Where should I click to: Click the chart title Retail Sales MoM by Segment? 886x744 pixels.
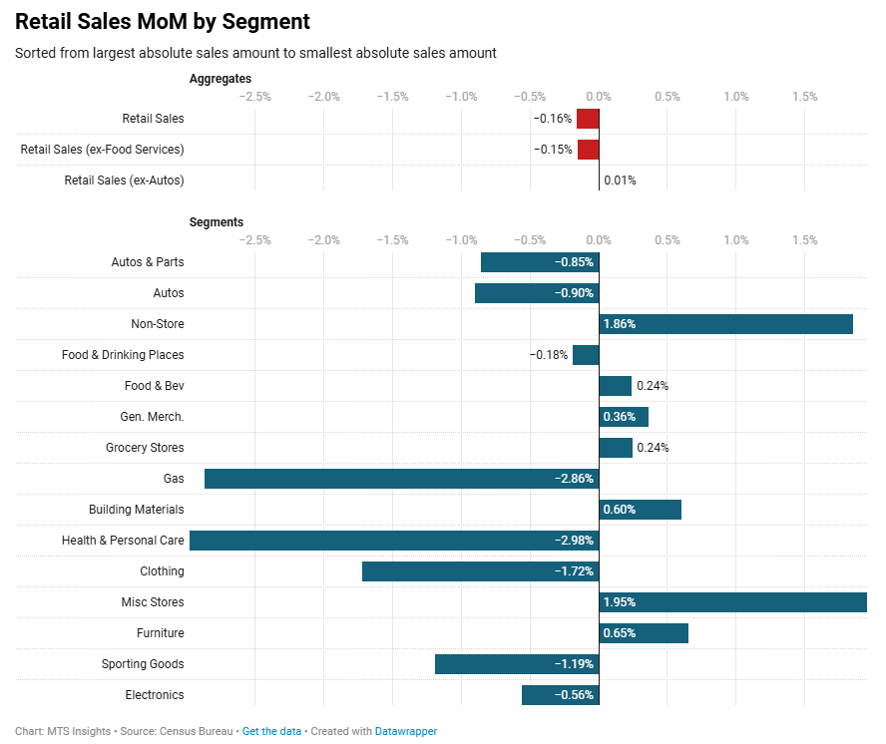pyautogui.click(x=163, y=21)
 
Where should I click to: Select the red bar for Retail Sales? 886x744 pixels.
pyautogui.click(x=588, y=119)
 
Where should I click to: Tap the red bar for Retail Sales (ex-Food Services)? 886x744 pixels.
pyautogui.click(x=588, y=150)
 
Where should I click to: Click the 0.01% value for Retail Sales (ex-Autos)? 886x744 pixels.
pyautogui.click(x=620, y=181)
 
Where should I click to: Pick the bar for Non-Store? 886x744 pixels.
pyautogui.click(x=725, y=324)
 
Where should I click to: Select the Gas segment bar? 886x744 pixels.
pyautogui.click(x=401, y=479)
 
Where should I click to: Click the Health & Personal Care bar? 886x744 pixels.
pyautogui.click(x=394, y=541)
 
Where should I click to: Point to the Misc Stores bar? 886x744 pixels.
pyautogui.click(x=732, y=602)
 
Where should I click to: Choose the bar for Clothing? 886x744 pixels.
pyautogui.click(x=480, y=571)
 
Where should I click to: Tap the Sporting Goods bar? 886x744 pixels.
pyautogui.click(x=517, y=664)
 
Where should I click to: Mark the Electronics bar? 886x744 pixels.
pyautogui.click(x=560, y=695)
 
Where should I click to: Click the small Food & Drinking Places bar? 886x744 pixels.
pyautogui.click(x=586, y=355)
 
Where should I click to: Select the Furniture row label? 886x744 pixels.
pyautogui.click(x=160, y=633)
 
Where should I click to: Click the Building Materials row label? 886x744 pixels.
pyautogui.click(x=137, y=510)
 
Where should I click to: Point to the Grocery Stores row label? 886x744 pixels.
pyautogui.click(x=145, y=448)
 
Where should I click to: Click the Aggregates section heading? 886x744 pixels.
pyautogui.click(x=221, y=78)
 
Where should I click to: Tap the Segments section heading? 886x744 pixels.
pyautogui.click(x=217, y=221)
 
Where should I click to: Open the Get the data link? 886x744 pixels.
pyautogui.click(x=271, y=731)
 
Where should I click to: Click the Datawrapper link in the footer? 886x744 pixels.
pyautogui.click(x=406, y=731)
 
